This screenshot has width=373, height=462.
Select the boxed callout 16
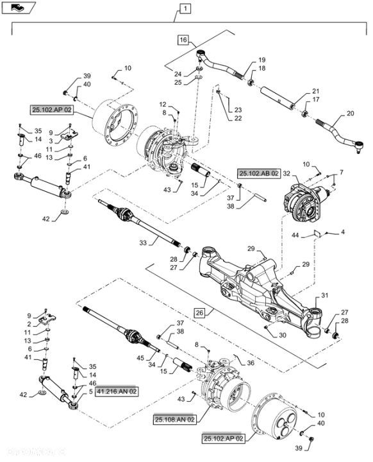click(184, 40)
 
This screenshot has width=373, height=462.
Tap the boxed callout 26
click(200, 312)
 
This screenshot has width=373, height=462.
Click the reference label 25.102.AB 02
click(259, 173)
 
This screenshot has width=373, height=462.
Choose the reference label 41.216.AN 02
click(116, 390)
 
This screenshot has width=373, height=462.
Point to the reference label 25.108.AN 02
click(174, 419)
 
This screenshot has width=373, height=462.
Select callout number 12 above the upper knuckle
click(163, 104)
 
